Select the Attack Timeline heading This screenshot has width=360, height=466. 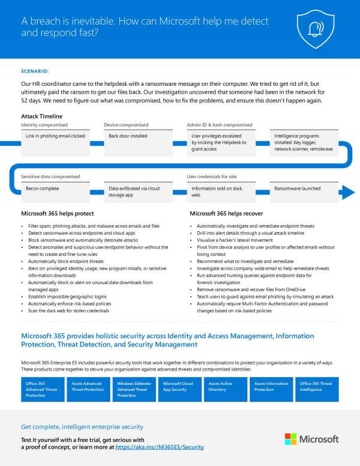tap(41, 116)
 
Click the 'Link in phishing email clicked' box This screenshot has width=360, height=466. tap(55, 136)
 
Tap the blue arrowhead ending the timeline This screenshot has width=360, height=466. tap(347, 192)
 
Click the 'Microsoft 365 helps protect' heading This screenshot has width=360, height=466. tap(58, 213)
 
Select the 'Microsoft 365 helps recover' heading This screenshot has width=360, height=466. tap(227, 213)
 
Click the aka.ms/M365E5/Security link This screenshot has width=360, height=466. tap(160, 447)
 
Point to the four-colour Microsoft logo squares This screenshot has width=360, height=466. tap(290, 439)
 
